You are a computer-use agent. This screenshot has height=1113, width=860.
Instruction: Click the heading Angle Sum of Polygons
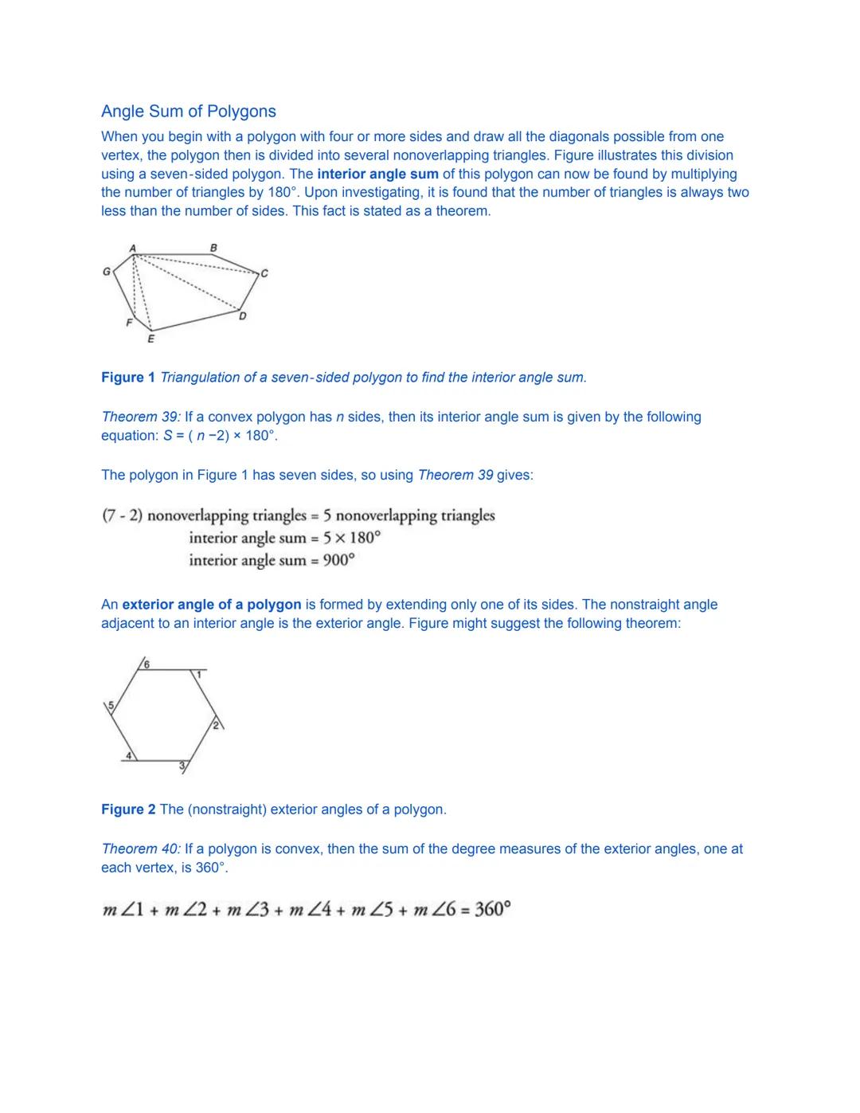click(x=189, y=112)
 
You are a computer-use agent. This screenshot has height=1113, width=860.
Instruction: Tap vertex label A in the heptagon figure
click(x=133, y=249)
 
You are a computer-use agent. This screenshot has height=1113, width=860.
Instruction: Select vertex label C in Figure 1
click(x=264, y=273)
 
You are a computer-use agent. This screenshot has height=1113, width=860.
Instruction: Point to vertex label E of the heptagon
click(x=150, y=339)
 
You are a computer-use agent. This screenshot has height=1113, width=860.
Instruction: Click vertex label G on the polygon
click(x=106, y=272)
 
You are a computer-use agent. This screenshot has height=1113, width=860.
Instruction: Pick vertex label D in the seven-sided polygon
click(x=243, y=316)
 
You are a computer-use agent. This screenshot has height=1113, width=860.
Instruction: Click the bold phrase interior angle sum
click(x=377, y=174)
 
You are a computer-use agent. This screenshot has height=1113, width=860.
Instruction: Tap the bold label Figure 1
click(x=128, y=377)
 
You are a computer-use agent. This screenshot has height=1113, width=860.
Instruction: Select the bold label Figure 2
click(x=128, y=809)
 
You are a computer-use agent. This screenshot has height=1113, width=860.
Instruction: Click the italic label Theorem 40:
click(x=141, y=848)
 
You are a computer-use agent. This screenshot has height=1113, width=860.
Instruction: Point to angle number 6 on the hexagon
click(x=147, y=664)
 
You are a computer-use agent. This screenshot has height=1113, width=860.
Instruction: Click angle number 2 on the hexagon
click(x=215, y=724)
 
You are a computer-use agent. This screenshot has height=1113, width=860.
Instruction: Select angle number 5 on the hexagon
click(x=111, y=705)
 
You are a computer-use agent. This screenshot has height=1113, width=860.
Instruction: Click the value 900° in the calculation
click(x=338, y=560)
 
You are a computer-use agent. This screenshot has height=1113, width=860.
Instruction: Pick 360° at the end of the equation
click(x=492, y=909)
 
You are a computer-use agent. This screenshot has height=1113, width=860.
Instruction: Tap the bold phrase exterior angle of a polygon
click(x=212, y=605)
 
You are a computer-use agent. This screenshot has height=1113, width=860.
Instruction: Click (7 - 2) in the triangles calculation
click(x=122, y=515)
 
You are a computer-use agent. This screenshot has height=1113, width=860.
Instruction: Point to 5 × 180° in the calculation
click(x=351, y=538)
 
